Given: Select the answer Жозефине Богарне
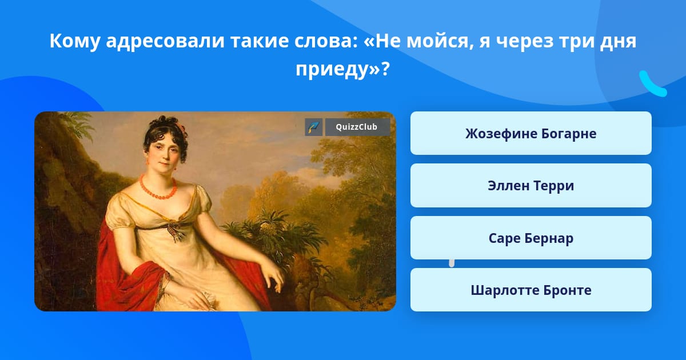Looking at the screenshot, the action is (x=531, y=133).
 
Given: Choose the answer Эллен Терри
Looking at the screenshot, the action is (x=531, y=186).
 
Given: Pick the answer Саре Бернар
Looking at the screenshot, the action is (x=531, y=238).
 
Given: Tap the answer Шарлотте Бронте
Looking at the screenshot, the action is (x=531, y=290).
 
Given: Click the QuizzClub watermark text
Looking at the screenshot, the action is (x=356, y=127).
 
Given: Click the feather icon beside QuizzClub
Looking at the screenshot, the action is (x=314, y=127).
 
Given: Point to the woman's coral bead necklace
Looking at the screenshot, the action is (x=158, y=188).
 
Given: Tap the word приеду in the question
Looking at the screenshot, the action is (x=333, y=69).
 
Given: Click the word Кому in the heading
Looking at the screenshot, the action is (x=75, y=41).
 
